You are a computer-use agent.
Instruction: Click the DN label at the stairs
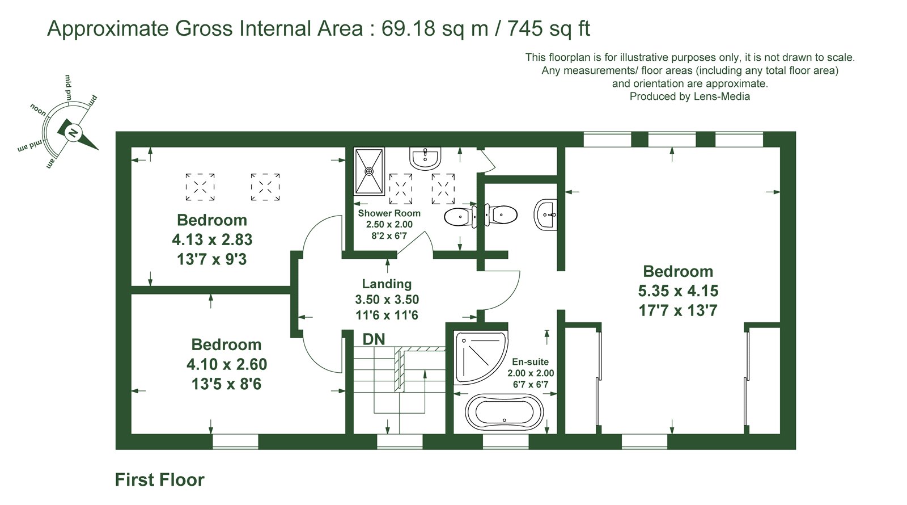point(374,339)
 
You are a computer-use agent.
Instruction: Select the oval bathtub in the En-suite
point(504,412)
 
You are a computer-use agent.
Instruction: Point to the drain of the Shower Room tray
point(369,171)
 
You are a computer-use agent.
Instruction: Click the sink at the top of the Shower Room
point(425,158)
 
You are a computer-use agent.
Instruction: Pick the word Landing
point(387,284)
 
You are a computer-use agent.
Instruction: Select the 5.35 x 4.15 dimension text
point(678,291)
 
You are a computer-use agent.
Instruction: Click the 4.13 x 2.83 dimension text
point(212,239)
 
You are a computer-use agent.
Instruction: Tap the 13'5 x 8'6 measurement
point(226,384)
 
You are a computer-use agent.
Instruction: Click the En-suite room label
point(531,361)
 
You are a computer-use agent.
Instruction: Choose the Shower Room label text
point(389,213)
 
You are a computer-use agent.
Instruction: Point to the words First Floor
point(160,480)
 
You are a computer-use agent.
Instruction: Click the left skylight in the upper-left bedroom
point(200,187)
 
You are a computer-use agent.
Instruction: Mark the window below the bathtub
point(506,442)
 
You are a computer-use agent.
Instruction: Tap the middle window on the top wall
point(672,139)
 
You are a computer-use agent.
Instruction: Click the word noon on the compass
point(39,110)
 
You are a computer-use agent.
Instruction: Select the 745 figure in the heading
point(525,28)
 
